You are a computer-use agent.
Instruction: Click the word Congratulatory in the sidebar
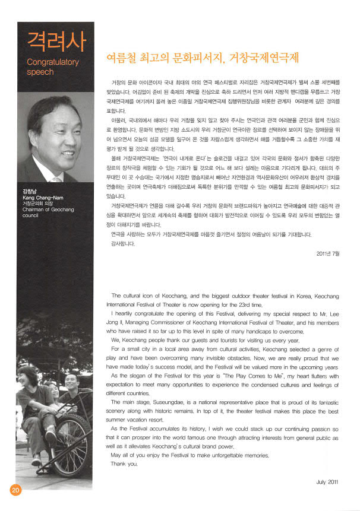click(53, 61)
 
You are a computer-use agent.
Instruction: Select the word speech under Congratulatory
click(41, 72)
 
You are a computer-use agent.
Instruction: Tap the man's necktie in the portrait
click(57, 178)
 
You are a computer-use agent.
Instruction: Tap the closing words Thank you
click(124, 464)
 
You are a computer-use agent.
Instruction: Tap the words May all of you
click(131, 455)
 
